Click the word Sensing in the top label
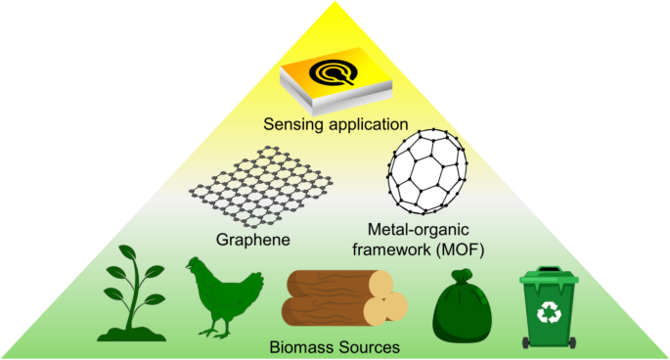click(x=289, y=125)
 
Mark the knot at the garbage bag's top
click(x=463, y=277)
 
